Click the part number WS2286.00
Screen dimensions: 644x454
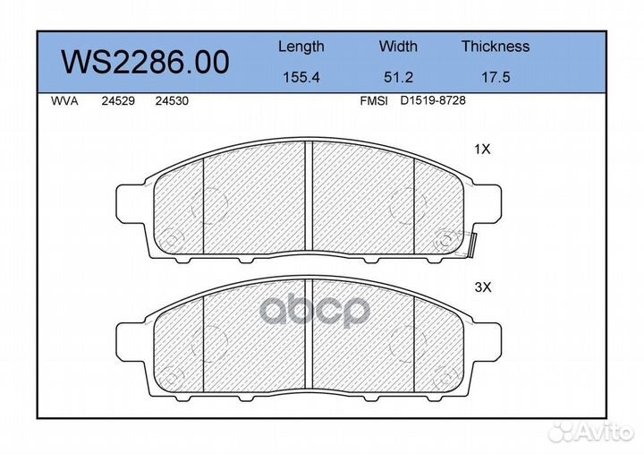145,62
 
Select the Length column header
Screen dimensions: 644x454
301,47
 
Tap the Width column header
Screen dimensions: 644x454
398,46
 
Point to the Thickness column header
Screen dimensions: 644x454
496,46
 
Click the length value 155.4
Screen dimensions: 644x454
301,77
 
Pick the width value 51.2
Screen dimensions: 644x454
398,77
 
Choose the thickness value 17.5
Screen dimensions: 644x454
496,77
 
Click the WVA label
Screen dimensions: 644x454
64,101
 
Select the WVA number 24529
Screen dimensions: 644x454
118,101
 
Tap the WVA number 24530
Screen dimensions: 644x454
172,101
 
